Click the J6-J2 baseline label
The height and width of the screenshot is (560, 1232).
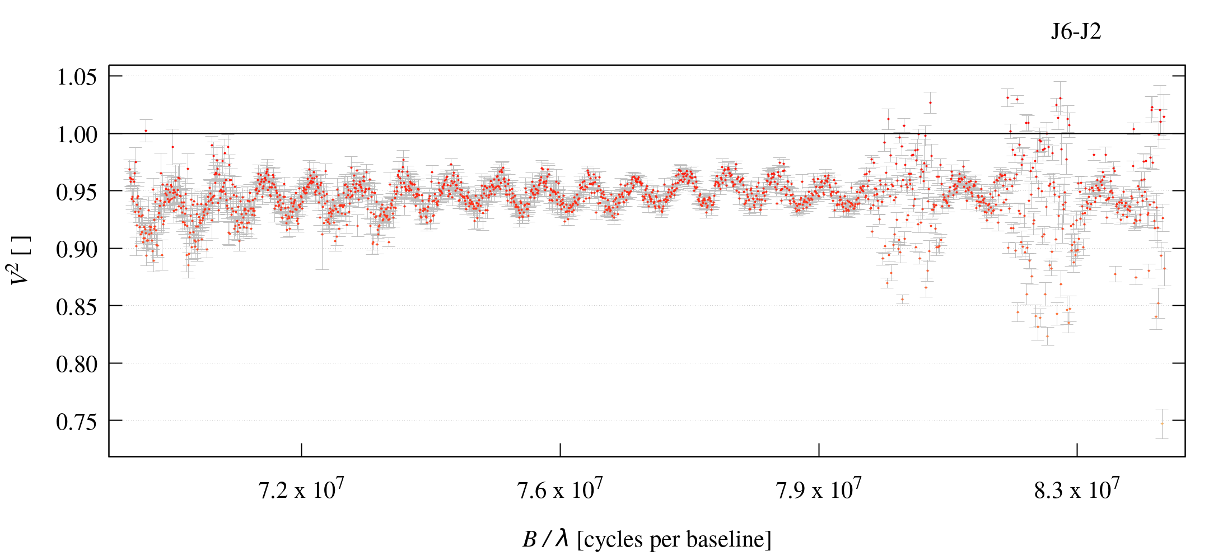pyautogui.click(x=1076, y=32)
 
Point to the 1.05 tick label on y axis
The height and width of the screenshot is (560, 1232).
pyautogui.click(x=77, y=77)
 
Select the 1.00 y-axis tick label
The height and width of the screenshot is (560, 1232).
pyautogui.click(x=77, y=134)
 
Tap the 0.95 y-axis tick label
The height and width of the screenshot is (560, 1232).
pyautogui.click(x=77, y=192)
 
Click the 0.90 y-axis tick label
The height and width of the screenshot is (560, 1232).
pyautogui.click(x=77, y=249)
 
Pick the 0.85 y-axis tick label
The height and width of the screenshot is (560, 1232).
pyautogui.click(x=77, y=307)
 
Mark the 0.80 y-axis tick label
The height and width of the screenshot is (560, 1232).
pyautogui.click(x=77, y=364)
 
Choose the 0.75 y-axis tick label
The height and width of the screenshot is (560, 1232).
pyautogui.click(x=77, y=422)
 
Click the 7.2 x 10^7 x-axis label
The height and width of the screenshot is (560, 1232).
pyautogui.click(x=301, y=490)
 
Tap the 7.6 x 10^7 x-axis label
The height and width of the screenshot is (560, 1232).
pyautogui.click(x=560, y=490)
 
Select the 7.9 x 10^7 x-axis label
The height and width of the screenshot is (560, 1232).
pyautogui.click(x=819, y=490)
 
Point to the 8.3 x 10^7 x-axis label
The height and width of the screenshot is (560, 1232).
pyautogui.click(x=1077, y=490)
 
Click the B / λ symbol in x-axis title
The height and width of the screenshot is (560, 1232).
pyautogui.click(x=546, y=539)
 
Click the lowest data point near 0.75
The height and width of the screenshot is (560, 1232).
pyautogui.click(x=1162, y=423)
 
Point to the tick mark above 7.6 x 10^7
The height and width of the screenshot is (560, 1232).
pyautogui.click(x=560, y=450)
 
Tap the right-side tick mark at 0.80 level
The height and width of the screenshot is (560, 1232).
pyautogui.click(x=1179, y=363)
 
